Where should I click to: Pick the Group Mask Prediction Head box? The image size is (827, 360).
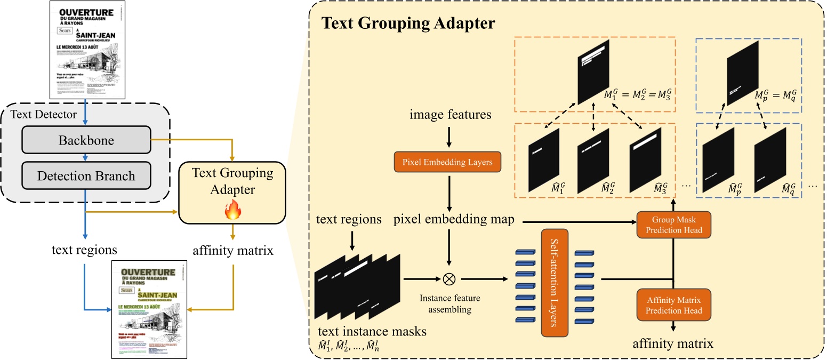coord(674,224)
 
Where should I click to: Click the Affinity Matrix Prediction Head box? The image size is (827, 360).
coord(674,305)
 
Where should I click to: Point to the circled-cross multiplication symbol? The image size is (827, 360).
coord(449,279)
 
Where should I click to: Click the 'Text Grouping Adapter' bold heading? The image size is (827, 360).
coord(408,24)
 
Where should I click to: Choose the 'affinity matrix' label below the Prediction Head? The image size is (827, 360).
coord(673,343)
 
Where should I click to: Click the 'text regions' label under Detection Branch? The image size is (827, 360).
coord(85,249)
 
